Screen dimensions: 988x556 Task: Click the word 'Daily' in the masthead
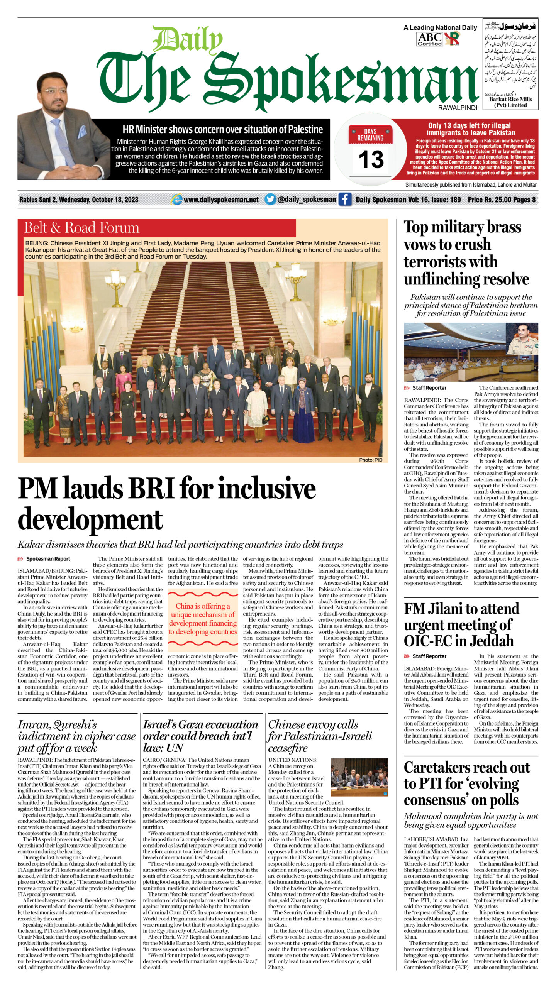point(188,41)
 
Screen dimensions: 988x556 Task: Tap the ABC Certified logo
point(429,39)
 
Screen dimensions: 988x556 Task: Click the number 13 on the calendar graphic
point(371,159)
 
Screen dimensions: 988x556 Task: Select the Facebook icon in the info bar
point(344,199)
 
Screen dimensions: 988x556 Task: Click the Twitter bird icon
point(270,199)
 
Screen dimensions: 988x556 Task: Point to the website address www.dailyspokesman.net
point(221,200)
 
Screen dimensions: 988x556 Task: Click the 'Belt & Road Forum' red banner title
point(81,228)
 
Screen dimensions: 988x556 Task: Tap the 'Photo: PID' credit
point(371,460)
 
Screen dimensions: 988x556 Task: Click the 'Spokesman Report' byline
point(48,559)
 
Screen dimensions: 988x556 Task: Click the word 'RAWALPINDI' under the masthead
point(458,108)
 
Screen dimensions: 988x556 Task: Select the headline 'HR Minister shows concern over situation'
point(222,129)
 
